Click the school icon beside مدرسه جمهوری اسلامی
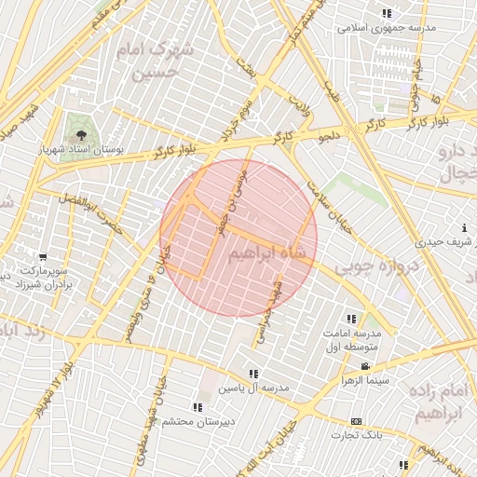pyautogui.click(x=387, y=13)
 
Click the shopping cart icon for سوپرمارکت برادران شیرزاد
pyautogui.click(x=42, y=256)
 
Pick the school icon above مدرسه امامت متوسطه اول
pyautogui.click(x=350, y=318)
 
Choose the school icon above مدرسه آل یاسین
pyautogui.click(x=254, y=373)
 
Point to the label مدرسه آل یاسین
pyautogui.click(x=253, y=387)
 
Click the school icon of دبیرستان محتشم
pyautogui.click(x=197, y=407)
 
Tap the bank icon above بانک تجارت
pyautogui.click(x=355, y=421)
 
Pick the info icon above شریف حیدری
pyautogui.click(x=464, y=228)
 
